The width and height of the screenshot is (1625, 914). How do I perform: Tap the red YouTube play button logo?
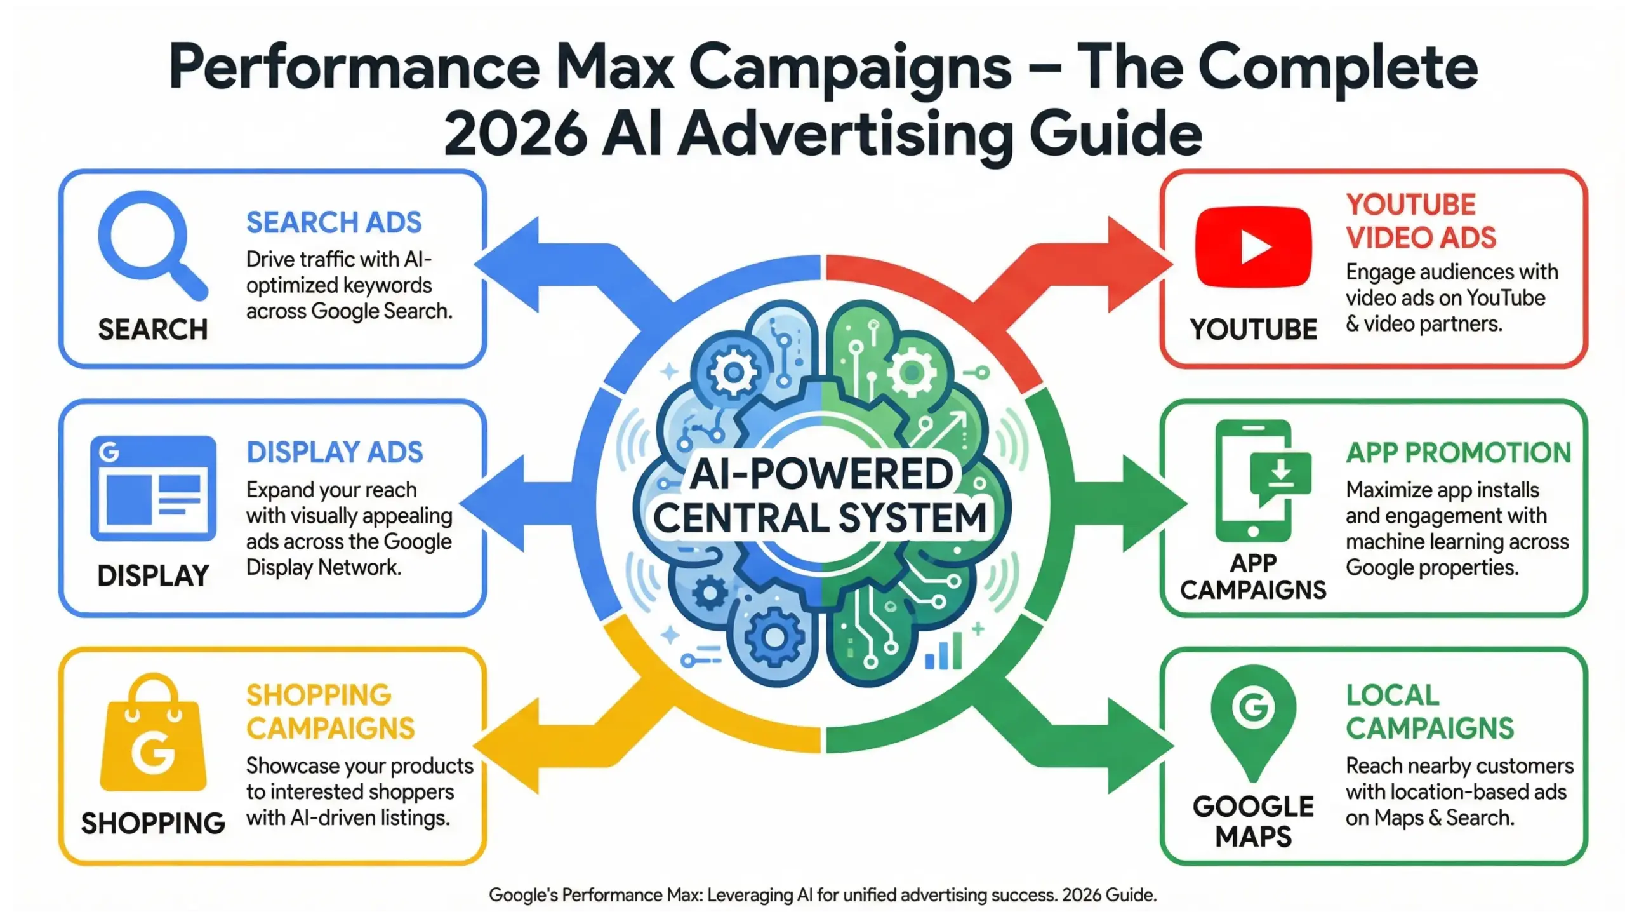point(1253,247)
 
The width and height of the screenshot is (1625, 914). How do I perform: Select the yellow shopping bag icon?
point(154,737)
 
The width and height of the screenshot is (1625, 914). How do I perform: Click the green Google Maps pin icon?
point(1253,718)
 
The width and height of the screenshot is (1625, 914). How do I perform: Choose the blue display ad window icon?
point(153,488)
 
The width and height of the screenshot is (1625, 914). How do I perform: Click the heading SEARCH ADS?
point(334,222)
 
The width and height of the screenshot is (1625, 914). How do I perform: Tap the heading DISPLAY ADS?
point(335,452)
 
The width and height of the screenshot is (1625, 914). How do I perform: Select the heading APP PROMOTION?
point(1458,453)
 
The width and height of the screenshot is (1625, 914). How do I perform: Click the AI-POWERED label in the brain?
point(821,474)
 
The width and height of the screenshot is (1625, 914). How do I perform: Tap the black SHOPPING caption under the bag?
point(153,823)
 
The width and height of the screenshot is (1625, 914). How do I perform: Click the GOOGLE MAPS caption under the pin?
point(1253,821)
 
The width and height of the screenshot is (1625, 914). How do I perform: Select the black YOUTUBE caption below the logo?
point(1253,330)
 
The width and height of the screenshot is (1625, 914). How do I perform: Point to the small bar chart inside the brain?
point(943,652)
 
